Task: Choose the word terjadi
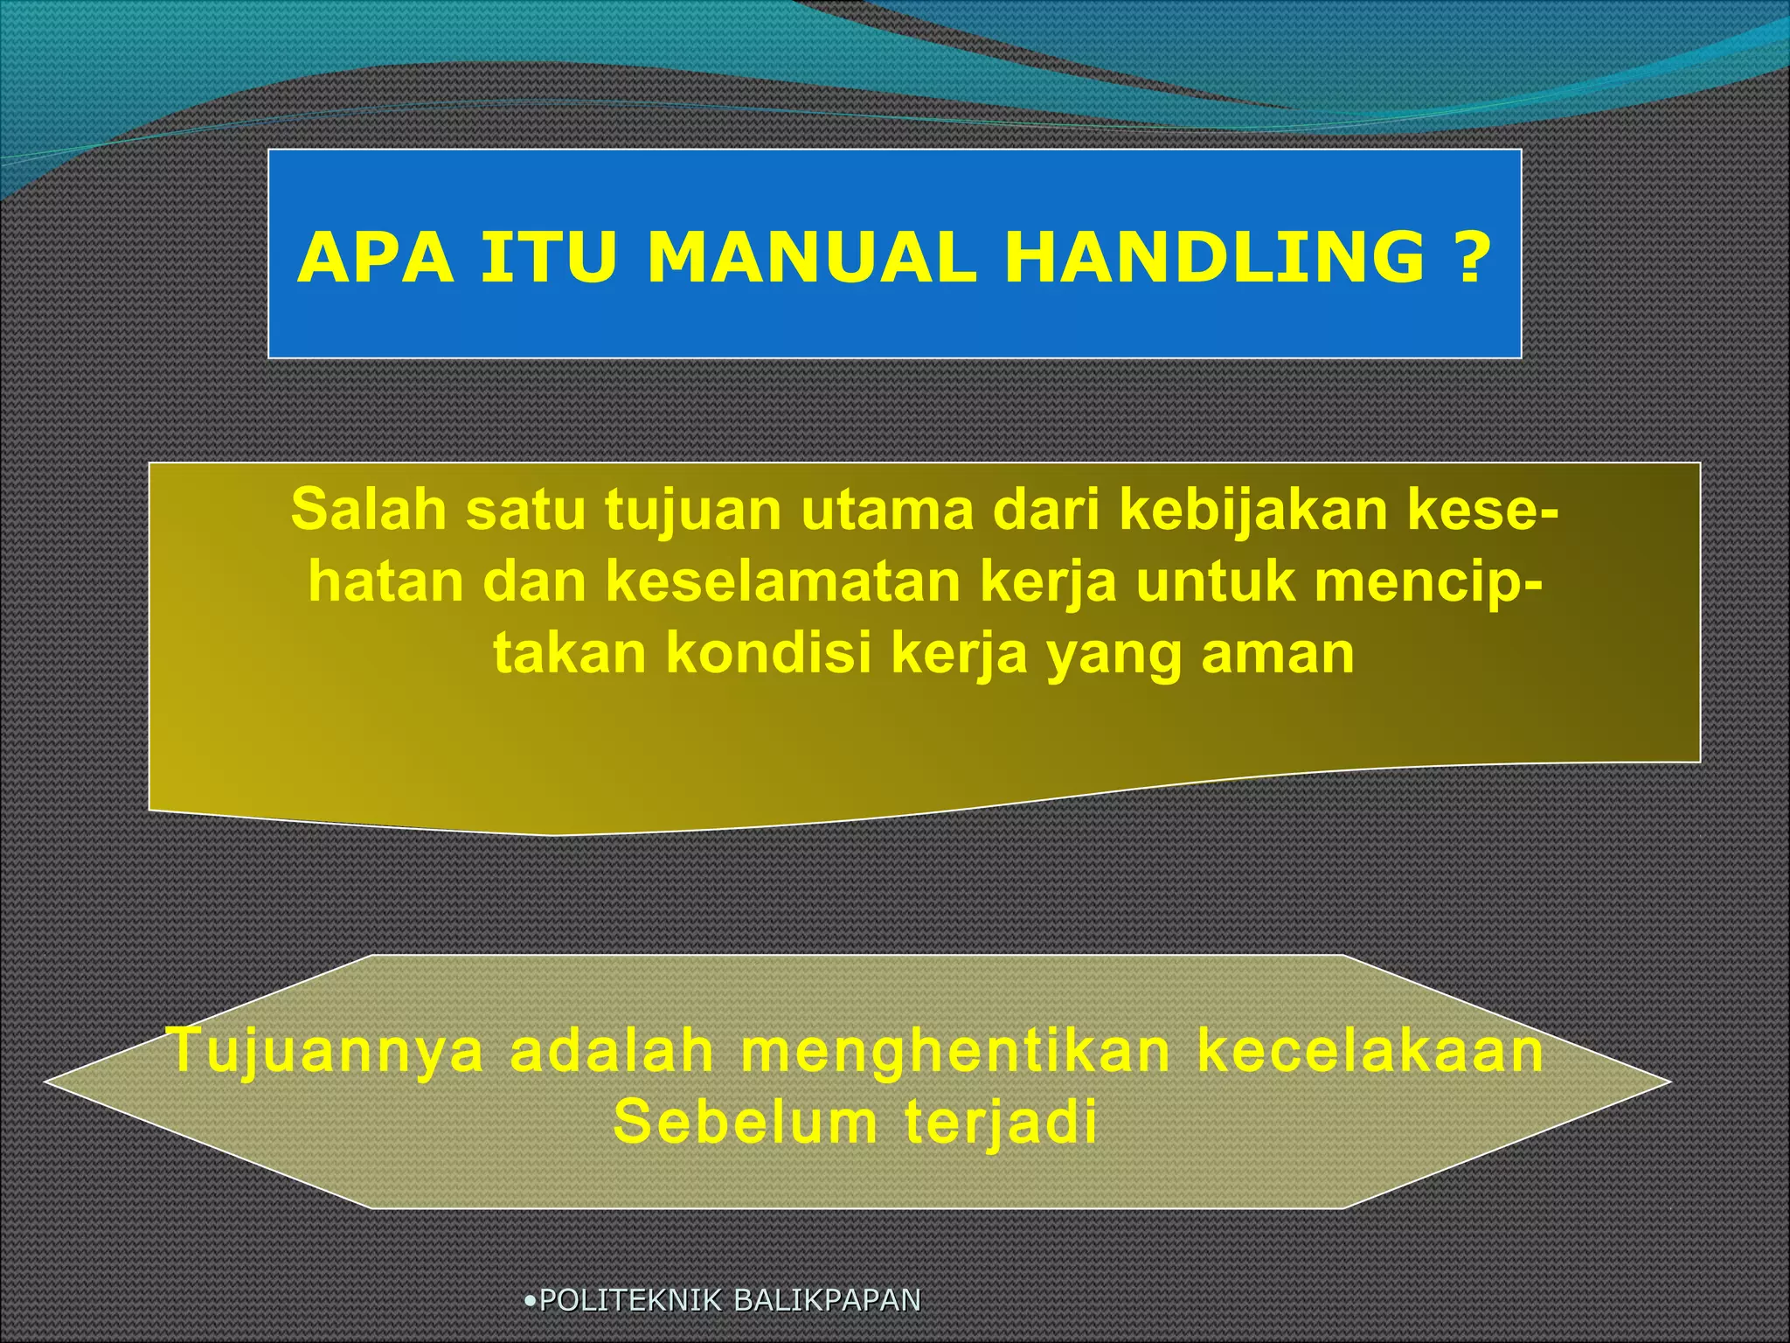tap(1001, 1123)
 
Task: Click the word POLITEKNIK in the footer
tap(631, 1300)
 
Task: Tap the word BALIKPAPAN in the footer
tap(827, 1300)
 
